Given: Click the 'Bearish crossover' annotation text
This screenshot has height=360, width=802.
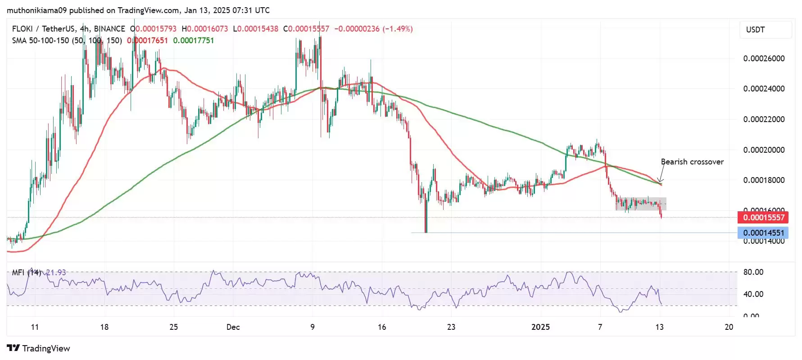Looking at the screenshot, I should [x=692, y=162].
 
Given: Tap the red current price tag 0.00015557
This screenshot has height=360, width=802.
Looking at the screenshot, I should [x=763, y=218].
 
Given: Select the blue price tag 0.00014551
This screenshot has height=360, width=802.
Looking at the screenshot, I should [x=763, y=233].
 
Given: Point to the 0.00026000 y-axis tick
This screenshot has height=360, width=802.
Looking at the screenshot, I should [x=764, y=59].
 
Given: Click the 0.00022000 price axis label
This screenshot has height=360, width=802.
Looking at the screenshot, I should [x=764, y=119].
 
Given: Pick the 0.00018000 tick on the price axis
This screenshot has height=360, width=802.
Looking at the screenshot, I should [x=764, y=180].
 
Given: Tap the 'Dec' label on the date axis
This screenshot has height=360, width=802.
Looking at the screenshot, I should [x=233, y=327].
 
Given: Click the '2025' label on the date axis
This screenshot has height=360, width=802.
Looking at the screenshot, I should [x=540, y=327].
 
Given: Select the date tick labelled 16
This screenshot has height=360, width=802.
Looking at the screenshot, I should [x=382, y=327].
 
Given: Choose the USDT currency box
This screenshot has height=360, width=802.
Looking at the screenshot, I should [x=766, y=30].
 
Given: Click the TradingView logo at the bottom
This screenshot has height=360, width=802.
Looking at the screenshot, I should [x=39, y=348].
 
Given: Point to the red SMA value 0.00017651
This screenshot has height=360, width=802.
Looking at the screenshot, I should [x=148, y=41].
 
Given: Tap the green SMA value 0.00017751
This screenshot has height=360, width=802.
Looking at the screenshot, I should [x=194, y=41].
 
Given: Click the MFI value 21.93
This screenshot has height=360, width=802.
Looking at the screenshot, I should [x=56, y=273].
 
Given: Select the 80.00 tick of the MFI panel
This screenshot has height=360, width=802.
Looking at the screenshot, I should [x=753, y=272].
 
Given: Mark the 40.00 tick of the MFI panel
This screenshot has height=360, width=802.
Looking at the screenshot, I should [x=753, y=294].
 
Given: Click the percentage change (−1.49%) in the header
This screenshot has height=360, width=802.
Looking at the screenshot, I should [x=398, y=29].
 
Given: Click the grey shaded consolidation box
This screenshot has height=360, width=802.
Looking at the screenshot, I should [x=640, y=204].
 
